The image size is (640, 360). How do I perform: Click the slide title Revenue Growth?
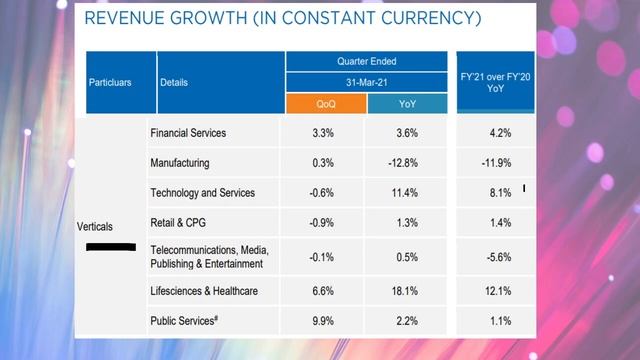283,20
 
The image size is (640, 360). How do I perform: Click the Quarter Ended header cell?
366,60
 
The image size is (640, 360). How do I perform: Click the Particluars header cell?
120,83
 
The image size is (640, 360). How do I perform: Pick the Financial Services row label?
188,133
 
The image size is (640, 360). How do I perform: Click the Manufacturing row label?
181,162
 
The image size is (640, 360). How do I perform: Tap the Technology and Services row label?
202,192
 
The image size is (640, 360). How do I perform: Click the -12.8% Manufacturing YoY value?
407,162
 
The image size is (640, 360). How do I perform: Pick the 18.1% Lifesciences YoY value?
407,292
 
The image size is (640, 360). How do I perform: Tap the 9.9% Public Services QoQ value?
325,321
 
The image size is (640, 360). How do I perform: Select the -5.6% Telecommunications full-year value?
500,256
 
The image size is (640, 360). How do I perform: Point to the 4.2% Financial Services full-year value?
500,133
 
